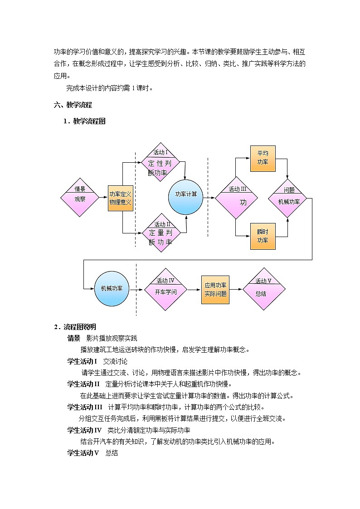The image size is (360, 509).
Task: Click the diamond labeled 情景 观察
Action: tap(80, 198)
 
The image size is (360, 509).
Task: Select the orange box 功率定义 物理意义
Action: tap(120, 198)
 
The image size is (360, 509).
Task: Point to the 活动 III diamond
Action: tap(236, 198)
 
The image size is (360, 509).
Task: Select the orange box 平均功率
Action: tap(263, 158)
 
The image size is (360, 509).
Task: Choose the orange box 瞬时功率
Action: tap(263, 236)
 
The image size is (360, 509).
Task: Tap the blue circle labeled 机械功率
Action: tap(112, 289)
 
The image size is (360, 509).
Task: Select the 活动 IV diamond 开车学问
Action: tap(165, 289)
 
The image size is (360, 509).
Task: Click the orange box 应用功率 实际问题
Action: tap(215, 289)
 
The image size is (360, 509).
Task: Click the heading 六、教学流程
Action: tap(73, 105)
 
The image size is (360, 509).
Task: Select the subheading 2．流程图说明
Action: tap(75, 327)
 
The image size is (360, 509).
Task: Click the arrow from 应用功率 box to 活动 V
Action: tap(236, 289)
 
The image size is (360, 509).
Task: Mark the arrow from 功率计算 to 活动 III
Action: tap(209, 198)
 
